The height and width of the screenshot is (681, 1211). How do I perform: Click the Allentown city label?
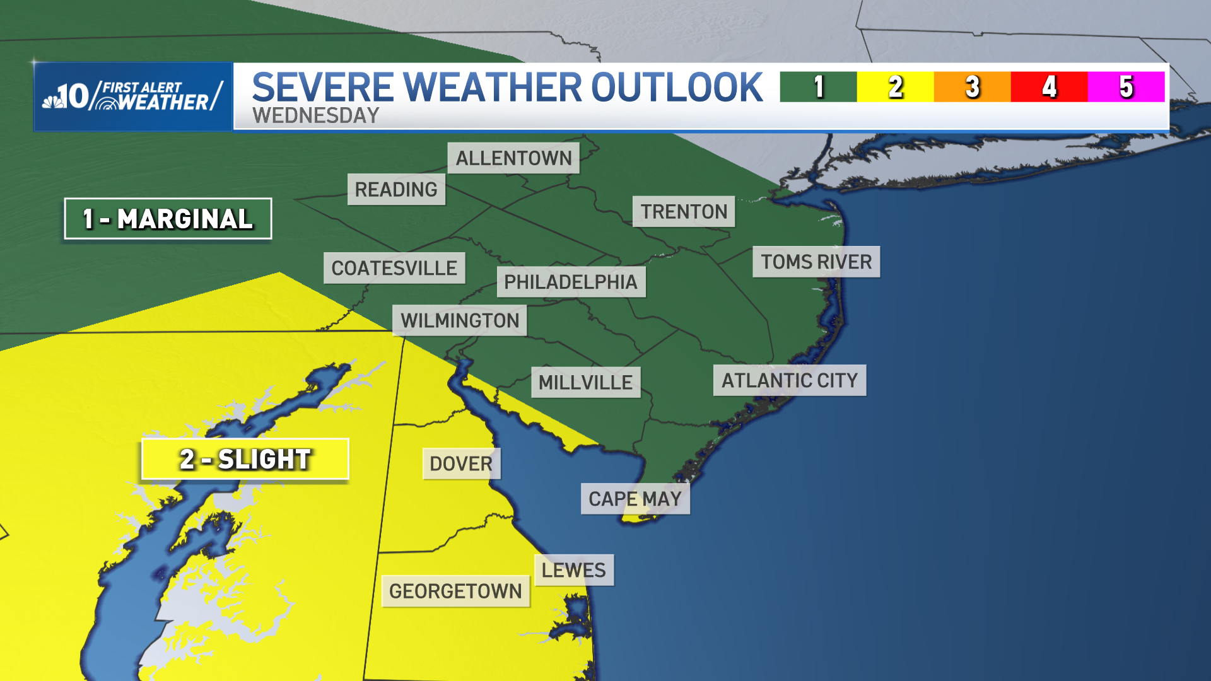513,158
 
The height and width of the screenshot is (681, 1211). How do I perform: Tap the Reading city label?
396,190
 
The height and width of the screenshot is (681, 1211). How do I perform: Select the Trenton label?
684,212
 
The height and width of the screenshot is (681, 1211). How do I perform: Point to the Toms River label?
816,262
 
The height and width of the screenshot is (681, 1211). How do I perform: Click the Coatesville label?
394,269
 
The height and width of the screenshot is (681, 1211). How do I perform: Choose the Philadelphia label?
571,282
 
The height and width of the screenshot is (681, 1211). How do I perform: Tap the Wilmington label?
460,321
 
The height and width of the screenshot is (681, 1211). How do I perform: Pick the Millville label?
585,383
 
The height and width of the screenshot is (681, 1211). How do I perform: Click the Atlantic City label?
790,381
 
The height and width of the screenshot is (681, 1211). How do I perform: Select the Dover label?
461,464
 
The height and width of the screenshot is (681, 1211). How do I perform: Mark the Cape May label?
635,499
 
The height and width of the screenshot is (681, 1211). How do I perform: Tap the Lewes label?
574,571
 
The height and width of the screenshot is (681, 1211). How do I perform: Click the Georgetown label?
455,591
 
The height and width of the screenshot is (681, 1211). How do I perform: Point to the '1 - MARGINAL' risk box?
168,219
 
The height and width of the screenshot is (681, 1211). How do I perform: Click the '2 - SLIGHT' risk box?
245,460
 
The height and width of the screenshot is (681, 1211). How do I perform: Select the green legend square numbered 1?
818,87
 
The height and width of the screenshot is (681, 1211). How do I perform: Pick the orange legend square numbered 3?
972,87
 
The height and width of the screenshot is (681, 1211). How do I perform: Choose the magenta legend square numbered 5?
1126,87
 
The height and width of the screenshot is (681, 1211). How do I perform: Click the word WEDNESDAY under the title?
315,116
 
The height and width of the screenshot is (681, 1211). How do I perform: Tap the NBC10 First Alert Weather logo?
133,96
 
